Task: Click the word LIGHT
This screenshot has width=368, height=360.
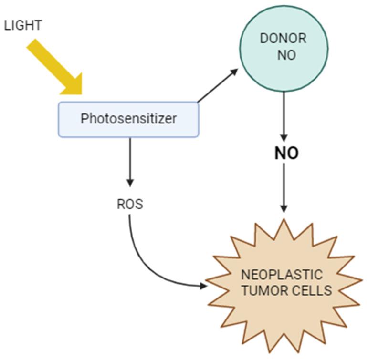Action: coord(23,25)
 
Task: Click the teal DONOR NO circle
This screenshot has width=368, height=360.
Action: coord(284,48)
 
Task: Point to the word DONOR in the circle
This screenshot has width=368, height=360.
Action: coord(284,39)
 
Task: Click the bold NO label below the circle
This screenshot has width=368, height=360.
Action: coord(285,154)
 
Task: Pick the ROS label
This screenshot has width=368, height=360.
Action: coord(130,205)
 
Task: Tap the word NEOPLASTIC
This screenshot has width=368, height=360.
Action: coord(282,275)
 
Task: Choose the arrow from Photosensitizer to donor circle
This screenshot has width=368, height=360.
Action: coord(217,85)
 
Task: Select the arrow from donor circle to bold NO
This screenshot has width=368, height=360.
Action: coord(284,114)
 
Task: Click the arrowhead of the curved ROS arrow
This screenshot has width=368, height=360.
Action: coord(204,286)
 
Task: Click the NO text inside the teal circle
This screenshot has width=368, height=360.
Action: coord(286,55)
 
